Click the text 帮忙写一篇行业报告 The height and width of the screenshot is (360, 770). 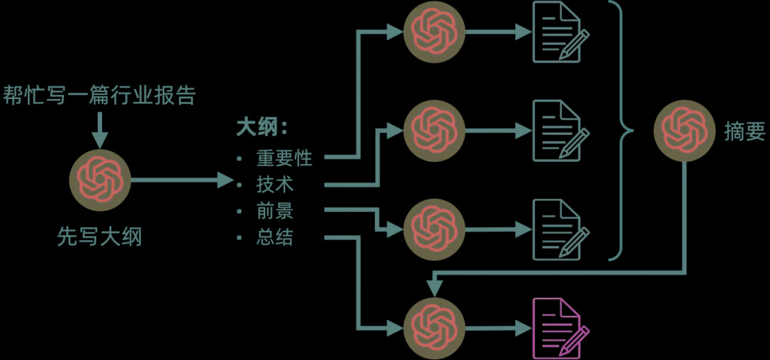tap(98, 96)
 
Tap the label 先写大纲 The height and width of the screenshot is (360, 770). tap(99, 237)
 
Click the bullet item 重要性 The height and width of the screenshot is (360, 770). tap(284, 158)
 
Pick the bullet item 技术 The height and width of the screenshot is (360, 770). tap(274, 185)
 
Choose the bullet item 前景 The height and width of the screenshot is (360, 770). tap(274, 212)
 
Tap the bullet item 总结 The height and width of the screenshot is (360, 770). tap(274, 238)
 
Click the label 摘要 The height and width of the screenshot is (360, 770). tap(744, 131)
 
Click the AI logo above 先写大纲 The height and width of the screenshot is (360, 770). tap(100, 181)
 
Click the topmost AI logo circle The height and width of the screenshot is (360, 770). tap(433, 32)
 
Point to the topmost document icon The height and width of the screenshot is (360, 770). tap(556, 32)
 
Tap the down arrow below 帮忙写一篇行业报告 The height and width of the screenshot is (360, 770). tap(99, 130)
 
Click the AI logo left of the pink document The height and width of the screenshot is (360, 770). tap(433, 329)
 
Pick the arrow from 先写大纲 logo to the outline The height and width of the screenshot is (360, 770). tap(182, 181)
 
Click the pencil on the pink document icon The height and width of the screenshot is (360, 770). tap(575, 340)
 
